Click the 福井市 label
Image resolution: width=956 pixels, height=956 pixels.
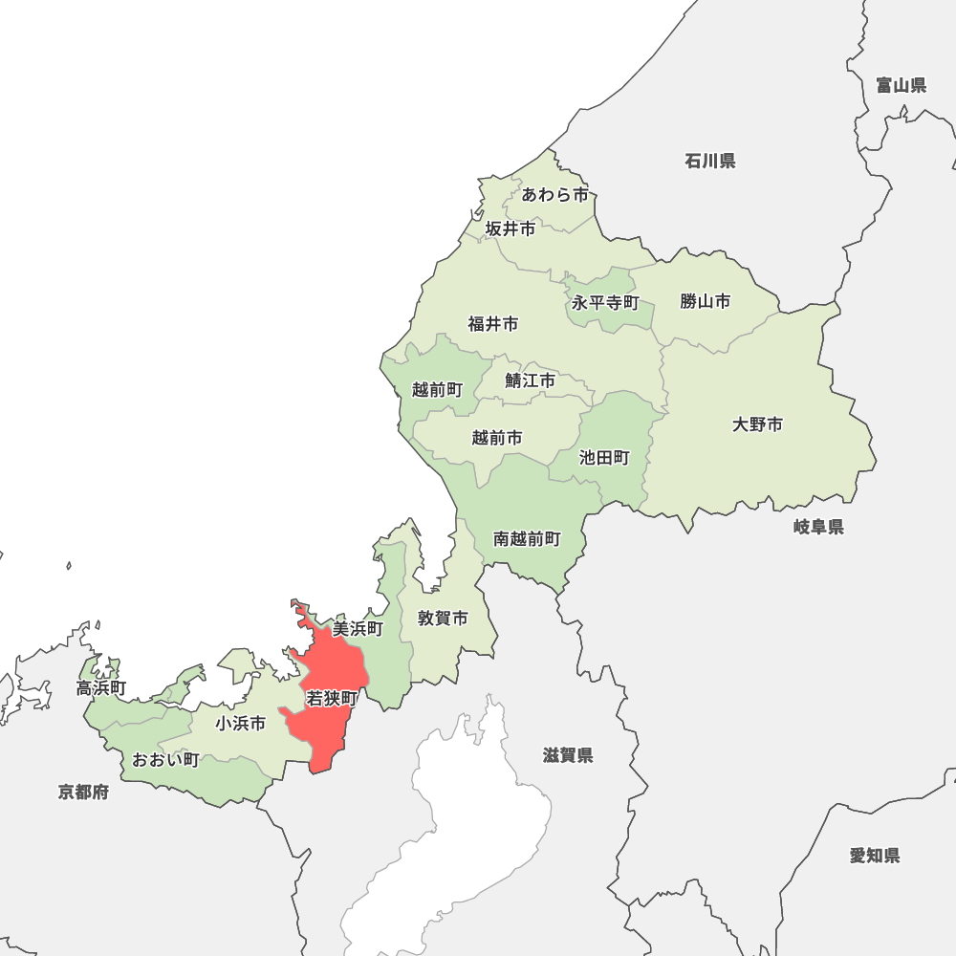pyautogui.click(x=493, y=324)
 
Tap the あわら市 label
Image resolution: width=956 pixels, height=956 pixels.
pyautogui.click(x=555, y=195)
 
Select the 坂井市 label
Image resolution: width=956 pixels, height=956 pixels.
pyautogui.click(x=511, y=228)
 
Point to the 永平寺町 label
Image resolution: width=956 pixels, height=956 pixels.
pyautogui.click(x=605, y=303)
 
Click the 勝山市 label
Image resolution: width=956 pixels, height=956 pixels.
pyautogui.click(x=706, y=301)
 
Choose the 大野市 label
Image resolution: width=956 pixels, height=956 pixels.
pyautogui.click(x=757, y=424)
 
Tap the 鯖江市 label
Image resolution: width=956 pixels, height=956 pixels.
pyautogui.click(x=530, y=380)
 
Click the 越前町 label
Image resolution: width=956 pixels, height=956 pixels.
pyautogui.click(x=437, y=389)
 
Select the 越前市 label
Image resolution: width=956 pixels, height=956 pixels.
pyautogui.click(x=497, y=438)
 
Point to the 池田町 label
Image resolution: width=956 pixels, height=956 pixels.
pyautogui.click(x=604, y=458)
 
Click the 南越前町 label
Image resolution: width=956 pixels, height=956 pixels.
pyautogui.click(x=527, y=539)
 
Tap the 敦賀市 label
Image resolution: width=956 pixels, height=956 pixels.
pyautogui.click(x=443, y=619)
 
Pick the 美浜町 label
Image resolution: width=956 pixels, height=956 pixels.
pyautogui.click(x=358, y=628)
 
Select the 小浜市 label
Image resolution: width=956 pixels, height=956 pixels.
pyautogui.click(x=240, y=724)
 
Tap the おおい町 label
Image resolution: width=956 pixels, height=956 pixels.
pyautogui.click(x=165, y=760)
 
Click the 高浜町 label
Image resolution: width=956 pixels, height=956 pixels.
pyautogui.click(x=101, y=687)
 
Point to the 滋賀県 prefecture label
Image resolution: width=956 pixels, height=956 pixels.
pyautogui.click(x=568, y=755)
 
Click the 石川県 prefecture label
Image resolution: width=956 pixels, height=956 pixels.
pyautogui.click(x=710, y=161)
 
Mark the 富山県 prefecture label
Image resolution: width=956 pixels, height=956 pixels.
pyautogui.click(x=902, y=85)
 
